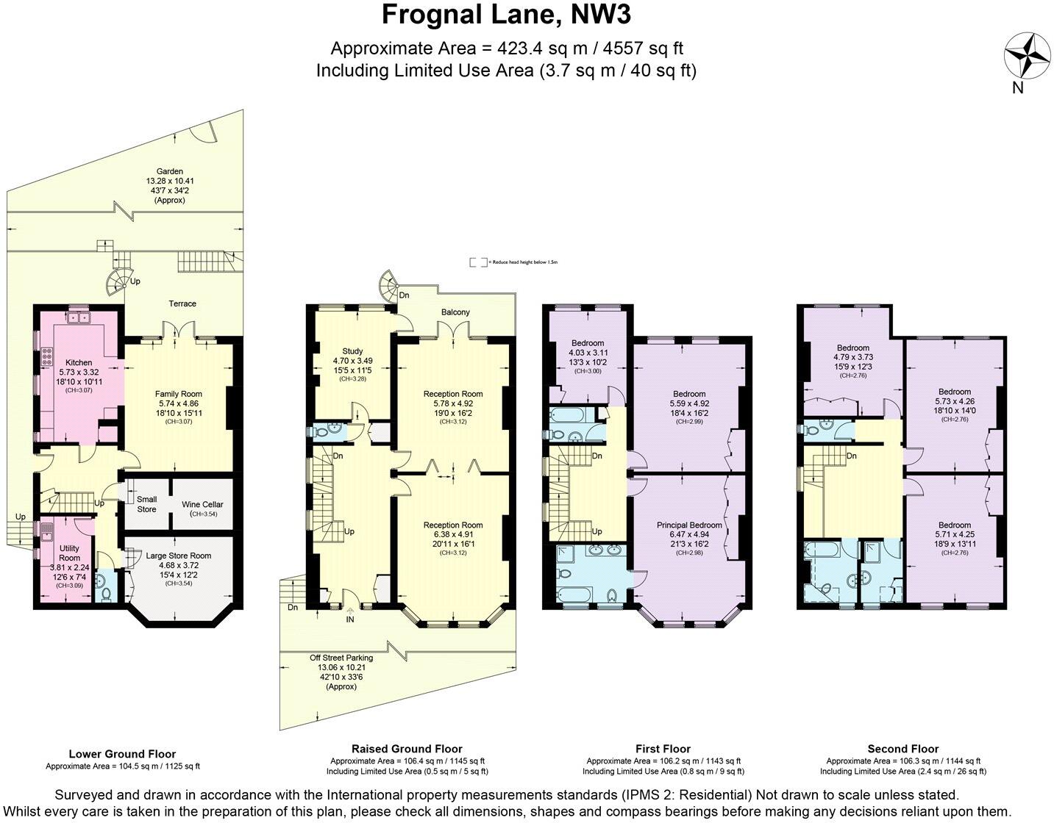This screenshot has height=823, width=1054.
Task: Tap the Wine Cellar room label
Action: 202,505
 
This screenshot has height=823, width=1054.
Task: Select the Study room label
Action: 353,351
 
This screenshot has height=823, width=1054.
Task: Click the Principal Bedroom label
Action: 689,525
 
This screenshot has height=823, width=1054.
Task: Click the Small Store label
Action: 146,504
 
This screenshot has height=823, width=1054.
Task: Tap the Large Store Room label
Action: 179,556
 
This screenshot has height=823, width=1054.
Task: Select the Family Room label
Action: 178,394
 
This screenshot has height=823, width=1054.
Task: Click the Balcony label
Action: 455,312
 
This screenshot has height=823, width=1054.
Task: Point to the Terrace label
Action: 182,303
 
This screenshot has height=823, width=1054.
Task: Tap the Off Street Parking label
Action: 341,658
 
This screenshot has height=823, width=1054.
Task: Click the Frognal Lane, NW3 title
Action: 506,15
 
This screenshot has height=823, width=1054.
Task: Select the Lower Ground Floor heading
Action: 122,753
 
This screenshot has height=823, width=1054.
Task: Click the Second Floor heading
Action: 902,749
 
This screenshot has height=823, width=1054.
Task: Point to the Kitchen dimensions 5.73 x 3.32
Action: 79,372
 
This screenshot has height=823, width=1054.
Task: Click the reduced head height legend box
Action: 478,262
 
